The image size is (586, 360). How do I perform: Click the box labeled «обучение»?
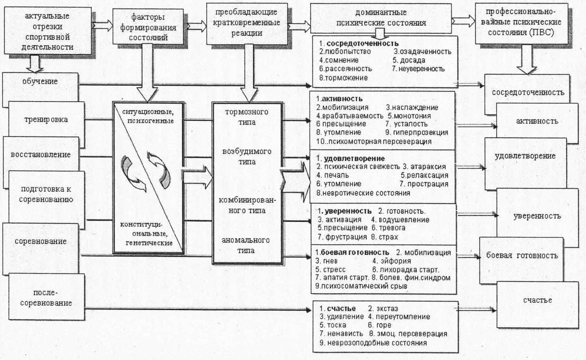tap(40, 82)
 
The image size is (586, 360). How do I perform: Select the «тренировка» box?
tap(45, 120)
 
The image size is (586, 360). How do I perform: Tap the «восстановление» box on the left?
tap(41, 155)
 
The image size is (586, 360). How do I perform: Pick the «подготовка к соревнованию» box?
tap(47, 194)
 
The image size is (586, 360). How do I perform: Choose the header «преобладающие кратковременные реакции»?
tap(247, 23)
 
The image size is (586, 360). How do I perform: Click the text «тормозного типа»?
tap(247, 117)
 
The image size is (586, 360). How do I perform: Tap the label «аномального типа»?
tap(246, 245)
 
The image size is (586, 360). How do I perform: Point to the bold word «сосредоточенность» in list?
tap(362, 43)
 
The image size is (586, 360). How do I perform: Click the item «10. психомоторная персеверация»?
tap(374, 141)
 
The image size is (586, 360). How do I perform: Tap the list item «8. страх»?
tap(384, 236)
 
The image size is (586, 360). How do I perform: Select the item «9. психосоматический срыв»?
tap(361, 286)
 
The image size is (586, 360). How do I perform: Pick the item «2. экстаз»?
tap(383, 308)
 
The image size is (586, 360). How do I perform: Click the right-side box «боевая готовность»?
tap(522, 256)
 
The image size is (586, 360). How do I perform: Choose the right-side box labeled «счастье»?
tap(537, 300)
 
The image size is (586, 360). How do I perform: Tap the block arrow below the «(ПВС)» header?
tap(527, 59)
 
